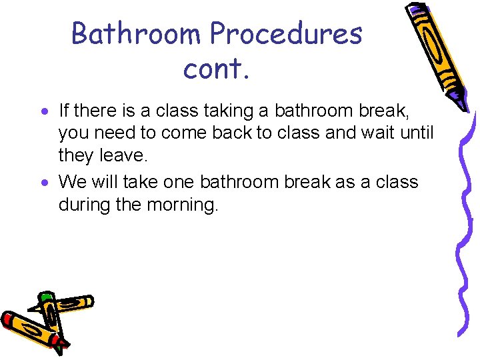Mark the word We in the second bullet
(71, 182)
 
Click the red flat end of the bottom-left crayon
(9, 319)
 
